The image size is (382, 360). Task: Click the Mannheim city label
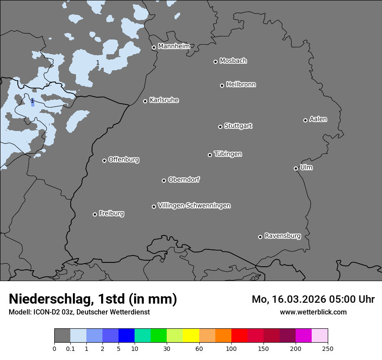[174, 46]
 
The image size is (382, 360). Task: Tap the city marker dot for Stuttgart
[220, 127]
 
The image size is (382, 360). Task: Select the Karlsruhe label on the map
[164, 100]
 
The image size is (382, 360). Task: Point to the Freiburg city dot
[95, 214]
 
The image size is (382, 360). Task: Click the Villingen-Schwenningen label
[194, 206]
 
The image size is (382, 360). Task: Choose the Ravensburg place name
[282, 236]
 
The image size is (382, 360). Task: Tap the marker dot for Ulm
[296, 168]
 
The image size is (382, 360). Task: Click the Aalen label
[318, 119]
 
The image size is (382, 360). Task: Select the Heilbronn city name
[241, 85]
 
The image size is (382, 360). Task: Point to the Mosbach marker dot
[215, 62]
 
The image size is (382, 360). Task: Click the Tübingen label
[228, 154]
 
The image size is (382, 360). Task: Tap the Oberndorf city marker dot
[164, 180]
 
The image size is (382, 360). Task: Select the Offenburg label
[124, 160]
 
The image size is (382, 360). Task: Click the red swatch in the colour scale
[239, 336]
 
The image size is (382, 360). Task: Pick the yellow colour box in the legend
[191, 336]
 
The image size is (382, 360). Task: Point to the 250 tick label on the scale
[328, 348]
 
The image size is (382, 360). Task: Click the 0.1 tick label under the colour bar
[70, 348]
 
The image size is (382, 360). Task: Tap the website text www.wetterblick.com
[313, 312]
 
